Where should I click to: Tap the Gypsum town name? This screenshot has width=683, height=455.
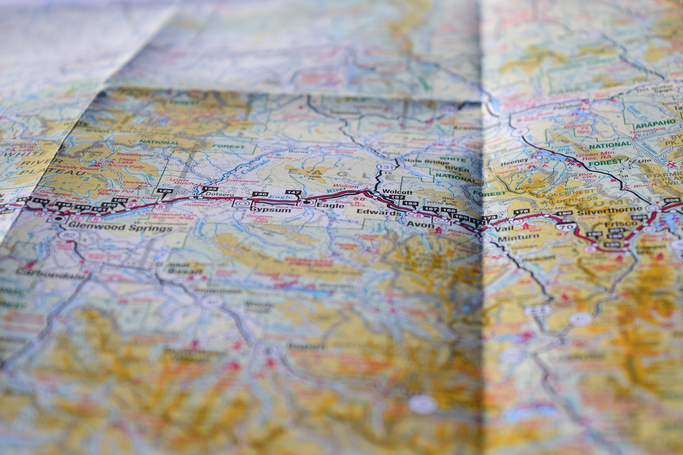pos(271,210)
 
